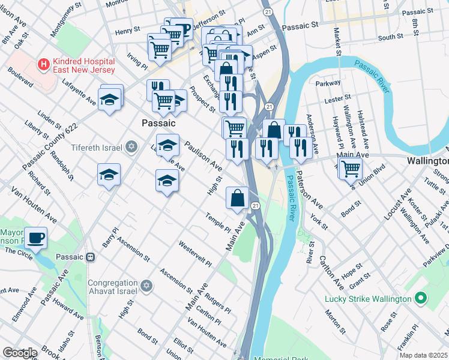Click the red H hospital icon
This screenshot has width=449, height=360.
pyautogui.click(x=43, y=63)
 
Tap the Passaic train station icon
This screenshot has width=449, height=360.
pyautogui.click(x=91, y=257)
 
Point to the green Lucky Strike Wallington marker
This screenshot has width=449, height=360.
pyautogui.click(x=421, y=298)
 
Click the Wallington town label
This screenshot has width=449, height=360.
pyautogui.click(x=427, y=161)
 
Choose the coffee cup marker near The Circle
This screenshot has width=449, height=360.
pyautogui.click(x=36, y=237)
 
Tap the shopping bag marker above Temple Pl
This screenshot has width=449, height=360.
pyautogui.click(x=238, y=197)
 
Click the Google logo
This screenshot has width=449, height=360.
pyautogui.click(x=20, y=353)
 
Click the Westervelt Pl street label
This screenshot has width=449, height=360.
pyautogui.click(x=196, y=254)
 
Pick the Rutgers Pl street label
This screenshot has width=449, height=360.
pyautogui.click(x=217, y=302)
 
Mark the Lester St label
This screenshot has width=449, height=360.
pyautogui.click(x=337, y=98)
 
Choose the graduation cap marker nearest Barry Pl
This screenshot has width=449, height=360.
pyautogui.click(x=109, y=175)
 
